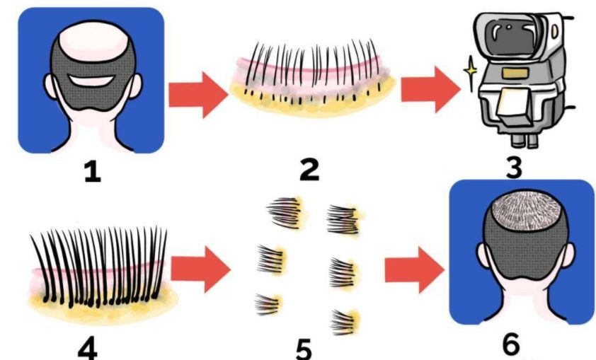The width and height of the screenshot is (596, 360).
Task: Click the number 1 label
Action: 92,172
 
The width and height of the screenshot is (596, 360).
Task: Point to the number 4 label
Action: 88,349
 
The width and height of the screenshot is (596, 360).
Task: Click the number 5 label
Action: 304,349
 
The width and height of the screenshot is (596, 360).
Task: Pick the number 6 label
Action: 510,343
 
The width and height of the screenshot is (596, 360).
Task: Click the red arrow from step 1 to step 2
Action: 198,95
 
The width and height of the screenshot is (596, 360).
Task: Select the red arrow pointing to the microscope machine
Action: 430,90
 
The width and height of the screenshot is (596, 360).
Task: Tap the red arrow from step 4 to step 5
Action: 200,269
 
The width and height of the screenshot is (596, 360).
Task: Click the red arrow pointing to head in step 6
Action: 414,269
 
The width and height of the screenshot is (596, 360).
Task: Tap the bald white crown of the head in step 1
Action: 93,40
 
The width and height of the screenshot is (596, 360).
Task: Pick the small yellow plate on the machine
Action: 511,74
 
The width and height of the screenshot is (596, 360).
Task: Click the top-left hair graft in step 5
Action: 285,212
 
